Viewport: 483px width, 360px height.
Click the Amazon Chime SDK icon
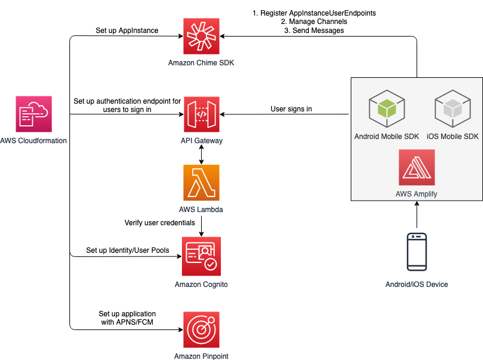coord(201,37)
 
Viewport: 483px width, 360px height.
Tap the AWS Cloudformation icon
coord(34,114)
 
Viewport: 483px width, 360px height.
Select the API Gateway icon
coord(201,114)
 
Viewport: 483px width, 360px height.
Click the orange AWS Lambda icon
coord(201,183)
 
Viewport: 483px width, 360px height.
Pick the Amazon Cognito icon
coord(201,256)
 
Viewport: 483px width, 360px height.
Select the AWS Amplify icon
coord(417,167)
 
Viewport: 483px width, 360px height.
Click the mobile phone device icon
coord(417,251)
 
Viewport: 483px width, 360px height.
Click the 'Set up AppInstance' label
coord(127,30)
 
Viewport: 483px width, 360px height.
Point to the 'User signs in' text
coord(291,109)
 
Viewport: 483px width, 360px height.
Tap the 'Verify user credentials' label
coord(160,223)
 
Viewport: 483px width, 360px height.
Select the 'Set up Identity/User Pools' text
coord(128,250)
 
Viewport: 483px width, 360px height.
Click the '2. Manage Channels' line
coord(315,21)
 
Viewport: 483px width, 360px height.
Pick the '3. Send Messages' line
coord(315,30)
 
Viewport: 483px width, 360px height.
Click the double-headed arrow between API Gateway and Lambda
coord(201,155)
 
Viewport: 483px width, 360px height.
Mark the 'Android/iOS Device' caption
coord(417,284)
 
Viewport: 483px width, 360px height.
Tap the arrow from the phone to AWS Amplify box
coord(417,216)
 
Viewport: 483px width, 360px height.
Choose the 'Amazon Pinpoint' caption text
coord(201,356)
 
